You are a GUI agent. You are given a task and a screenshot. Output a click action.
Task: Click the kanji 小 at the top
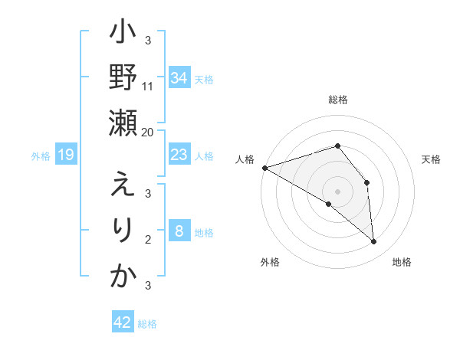[123, 35]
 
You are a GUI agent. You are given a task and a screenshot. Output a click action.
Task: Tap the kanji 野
[123, 79]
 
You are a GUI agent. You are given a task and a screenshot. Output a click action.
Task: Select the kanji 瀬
[123, 122]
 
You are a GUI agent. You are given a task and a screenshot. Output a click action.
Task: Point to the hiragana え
[123, 186]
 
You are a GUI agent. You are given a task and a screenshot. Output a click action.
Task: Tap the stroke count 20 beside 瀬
[148, 132]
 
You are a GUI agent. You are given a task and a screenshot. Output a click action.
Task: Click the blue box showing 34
[179, 77]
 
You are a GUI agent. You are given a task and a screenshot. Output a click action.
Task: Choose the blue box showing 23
[179, 155]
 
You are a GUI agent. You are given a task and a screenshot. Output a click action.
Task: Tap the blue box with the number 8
[179, 232]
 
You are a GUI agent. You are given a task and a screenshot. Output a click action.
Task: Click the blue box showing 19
[66, 155]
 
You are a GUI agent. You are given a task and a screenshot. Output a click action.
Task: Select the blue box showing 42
[122, 322]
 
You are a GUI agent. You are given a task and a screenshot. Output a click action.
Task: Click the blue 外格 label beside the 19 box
[41, 156]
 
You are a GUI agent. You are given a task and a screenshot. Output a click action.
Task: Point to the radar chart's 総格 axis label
[337, 100]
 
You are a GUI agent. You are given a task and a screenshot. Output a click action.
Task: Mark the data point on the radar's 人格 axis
[264, 167]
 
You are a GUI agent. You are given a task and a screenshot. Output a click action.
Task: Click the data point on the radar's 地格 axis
[374, 241]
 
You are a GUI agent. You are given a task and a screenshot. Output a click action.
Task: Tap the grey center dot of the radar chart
[337, 191]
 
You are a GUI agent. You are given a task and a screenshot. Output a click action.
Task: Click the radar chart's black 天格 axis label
[432, 159]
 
